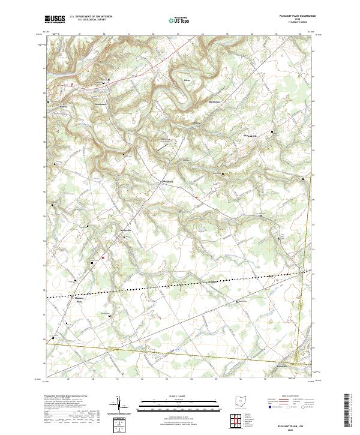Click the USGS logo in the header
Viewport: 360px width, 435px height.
55,19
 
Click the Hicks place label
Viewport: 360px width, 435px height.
187,79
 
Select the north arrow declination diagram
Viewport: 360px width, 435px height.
122,406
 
